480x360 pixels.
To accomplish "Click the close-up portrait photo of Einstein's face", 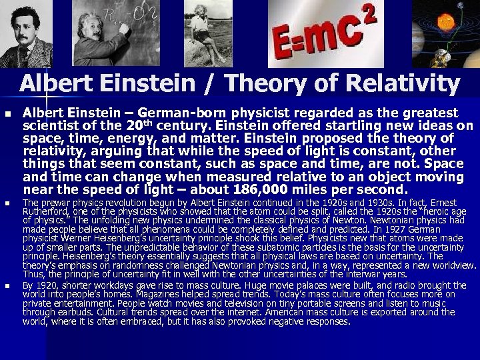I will pyautogui.click(x=26, y=33).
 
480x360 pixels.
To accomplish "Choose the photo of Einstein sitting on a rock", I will pyautogui.click(x=206, y=33).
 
